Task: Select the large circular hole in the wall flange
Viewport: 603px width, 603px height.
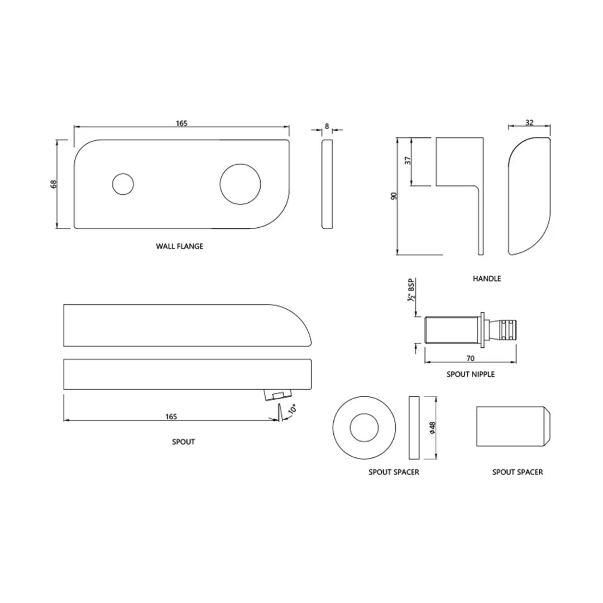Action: [240, 184]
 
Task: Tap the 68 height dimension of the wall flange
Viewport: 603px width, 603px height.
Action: [53, 184]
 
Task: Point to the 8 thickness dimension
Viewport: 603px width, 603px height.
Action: [327, 126]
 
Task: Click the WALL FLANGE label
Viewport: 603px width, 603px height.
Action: [179, 246]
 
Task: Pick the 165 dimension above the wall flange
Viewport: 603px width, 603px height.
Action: [181, 123]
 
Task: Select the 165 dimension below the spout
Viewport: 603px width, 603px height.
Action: [171, 417]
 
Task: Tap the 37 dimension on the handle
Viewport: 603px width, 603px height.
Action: [408, 160]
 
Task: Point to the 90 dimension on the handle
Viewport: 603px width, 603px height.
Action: [394, 197]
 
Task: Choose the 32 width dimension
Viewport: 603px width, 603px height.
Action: [529, 122]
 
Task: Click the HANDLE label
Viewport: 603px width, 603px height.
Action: [487, 278]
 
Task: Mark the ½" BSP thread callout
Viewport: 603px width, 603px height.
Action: [411, 290]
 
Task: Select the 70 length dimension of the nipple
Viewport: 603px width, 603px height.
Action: [470, 358]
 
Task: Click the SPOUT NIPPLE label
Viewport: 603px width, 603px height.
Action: [470, 374]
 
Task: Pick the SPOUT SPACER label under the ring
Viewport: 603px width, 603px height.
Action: [394, 472]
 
